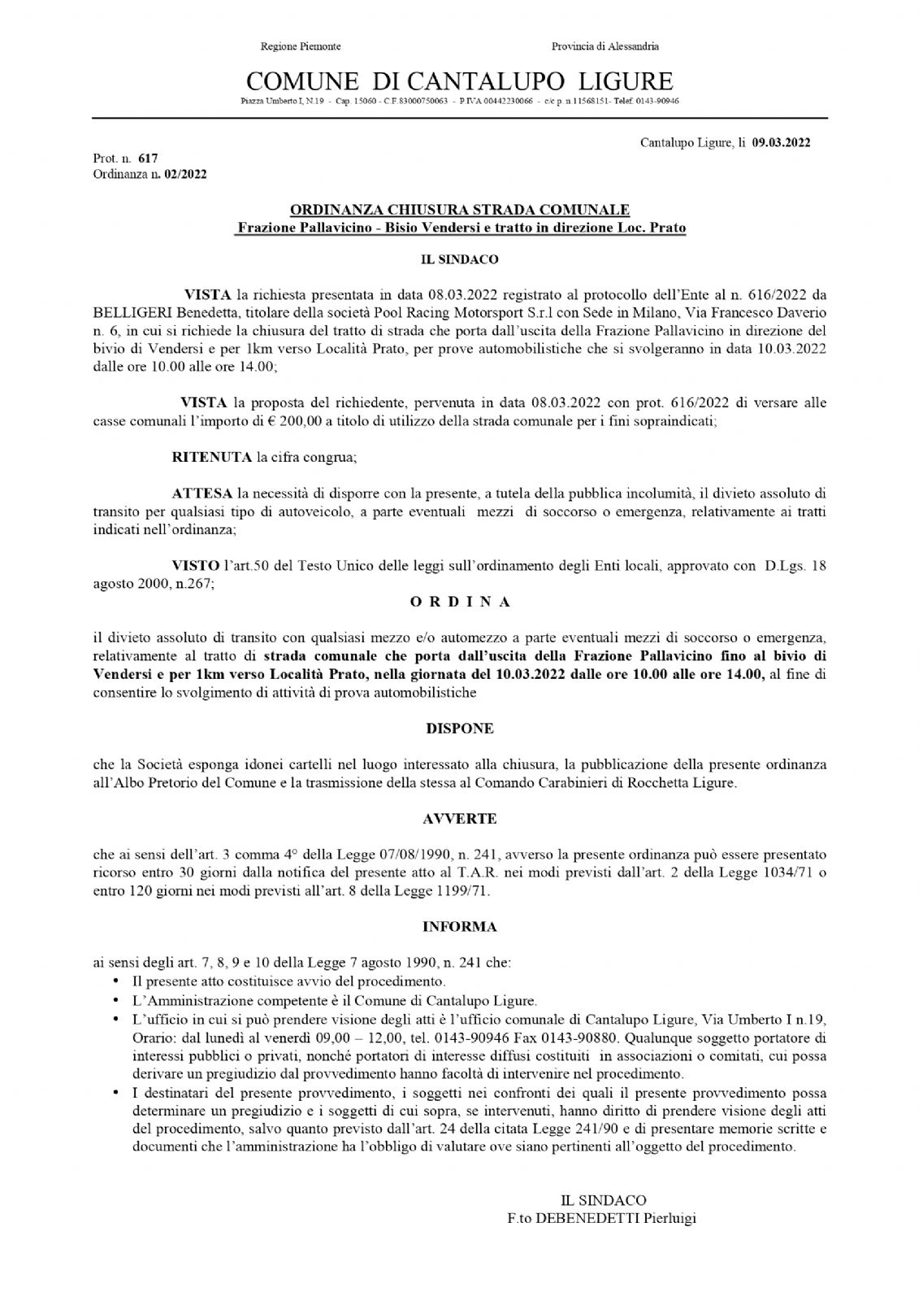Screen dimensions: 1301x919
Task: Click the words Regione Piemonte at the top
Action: coord(300,46)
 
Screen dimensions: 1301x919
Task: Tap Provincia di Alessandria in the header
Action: coord(605,46)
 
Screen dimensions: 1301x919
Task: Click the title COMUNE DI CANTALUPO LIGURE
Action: coord(460,81)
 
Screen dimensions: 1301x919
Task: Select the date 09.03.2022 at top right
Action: coord(781,143)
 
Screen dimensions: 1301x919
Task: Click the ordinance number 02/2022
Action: coord(184,174)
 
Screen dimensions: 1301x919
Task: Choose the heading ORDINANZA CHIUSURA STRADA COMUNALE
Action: coord(459,211)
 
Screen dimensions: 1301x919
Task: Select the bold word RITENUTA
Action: coord(211,457)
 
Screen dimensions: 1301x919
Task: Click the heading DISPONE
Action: coord(459,729)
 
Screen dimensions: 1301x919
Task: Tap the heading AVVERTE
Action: coord(459,819)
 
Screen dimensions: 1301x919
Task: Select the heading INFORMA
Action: coord(459,926)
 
